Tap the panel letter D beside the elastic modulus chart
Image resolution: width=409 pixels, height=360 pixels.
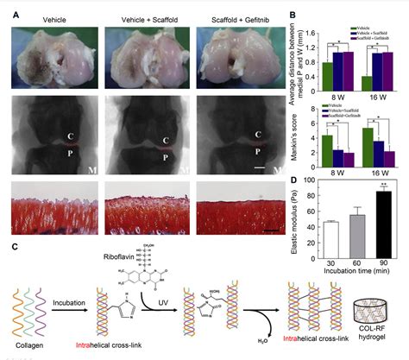[293, 180]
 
